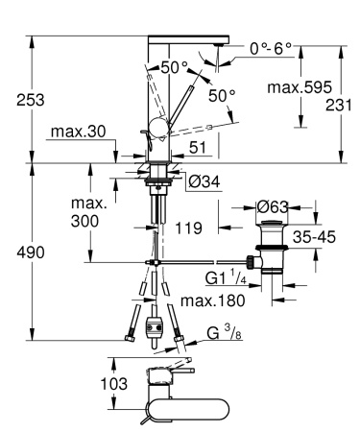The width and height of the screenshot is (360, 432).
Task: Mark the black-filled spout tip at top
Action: click(x=223, y=43)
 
